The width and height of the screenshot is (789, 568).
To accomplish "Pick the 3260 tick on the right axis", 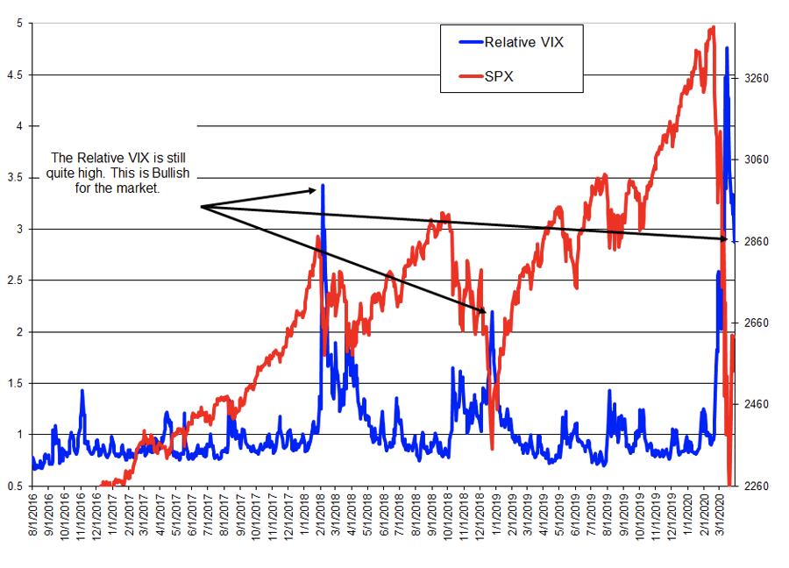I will [x=757, y=78].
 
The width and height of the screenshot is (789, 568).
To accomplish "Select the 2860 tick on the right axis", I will [x=757, y=241].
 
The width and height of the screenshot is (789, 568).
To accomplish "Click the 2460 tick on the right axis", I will [x=757, y=404].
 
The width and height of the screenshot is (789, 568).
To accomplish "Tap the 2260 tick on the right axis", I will [x=757, y=486].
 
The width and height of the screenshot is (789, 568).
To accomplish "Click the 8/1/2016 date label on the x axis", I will [x=34, y=520].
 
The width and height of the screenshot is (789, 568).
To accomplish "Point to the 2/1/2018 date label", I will [x=320, y=520].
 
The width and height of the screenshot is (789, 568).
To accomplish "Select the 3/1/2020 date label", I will [x=715, y=520].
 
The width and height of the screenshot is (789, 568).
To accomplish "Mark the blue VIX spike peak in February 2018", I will [x=323, y=186].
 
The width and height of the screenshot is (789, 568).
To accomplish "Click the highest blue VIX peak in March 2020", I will [x=727, y=48].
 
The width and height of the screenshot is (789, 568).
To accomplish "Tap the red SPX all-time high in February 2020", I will [x=713, y=27].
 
